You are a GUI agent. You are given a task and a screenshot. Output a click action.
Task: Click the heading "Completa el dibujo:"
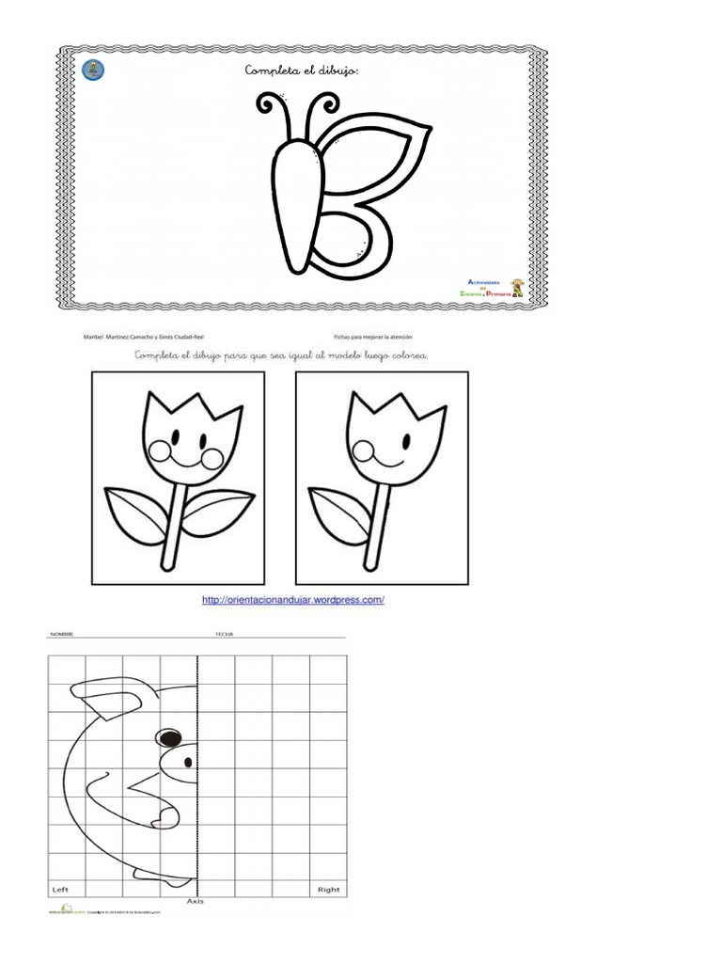300,71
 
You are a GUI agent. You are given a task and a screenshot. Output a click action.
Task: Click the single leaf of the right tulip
339,513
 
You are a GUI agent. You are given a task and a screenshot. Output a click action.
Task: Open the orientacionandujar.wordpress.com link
293,600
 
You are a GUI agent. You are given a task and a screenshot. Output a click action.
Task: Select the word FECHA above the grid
224,635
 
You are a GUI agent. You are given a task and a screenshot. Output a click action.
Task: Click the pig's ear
105,696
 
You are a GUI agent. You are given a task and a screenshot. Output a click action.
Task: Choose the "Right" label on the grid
328,889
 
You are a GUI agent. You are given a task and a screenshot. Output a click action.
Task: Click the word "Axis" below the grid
196,901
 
